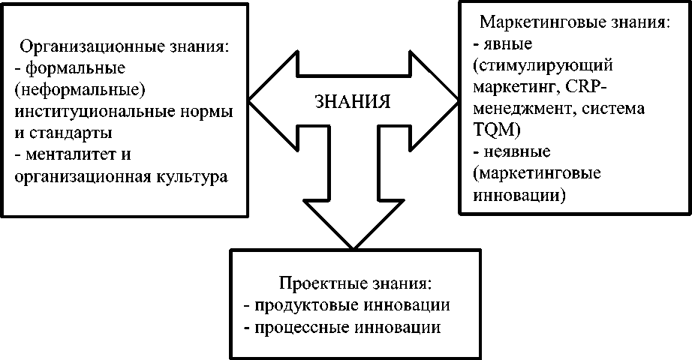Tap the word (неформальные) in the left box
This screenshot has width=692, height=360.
pyautogui.click(x=68, y=91)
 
